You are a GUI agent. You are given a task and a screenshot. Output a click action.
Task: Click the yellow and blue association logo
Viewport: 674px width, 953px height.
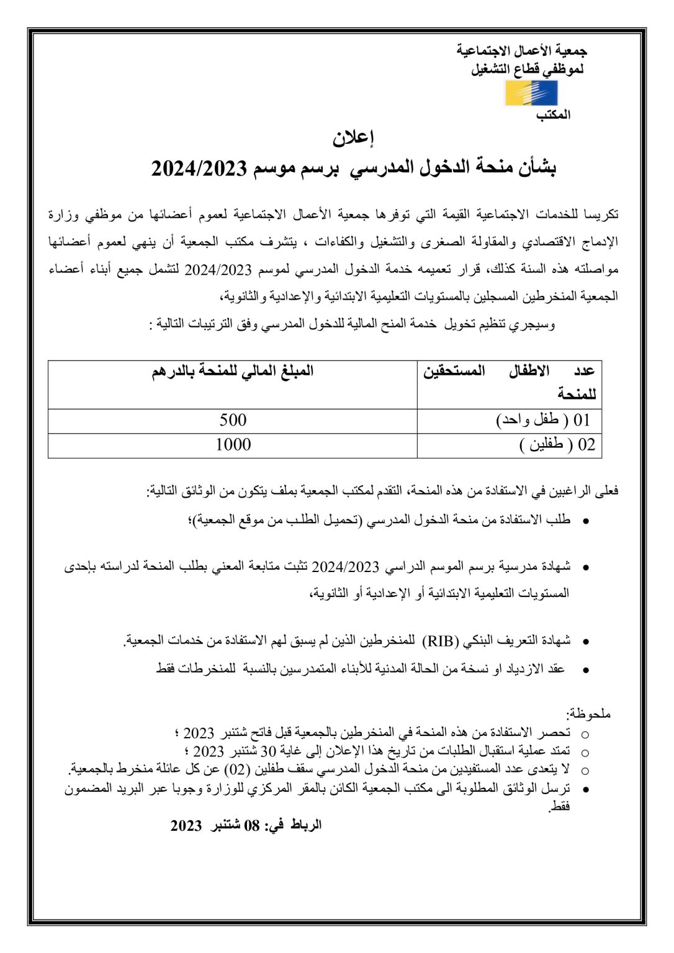[531, 93]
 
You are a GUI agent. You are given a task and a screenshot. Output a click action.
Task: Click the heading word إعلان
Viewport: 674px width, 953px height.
[353, 138]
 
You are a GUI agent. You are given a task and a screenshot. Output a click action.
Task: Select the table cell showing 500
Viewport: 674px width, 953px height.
[233, 420]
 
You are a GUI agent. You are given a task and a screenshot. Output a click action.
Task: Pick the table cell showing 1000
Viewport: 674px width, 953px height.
[233, 445]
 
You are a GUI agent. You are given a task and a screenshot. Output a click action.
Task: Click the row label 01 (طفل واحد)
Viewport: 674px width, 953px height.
[543, 420]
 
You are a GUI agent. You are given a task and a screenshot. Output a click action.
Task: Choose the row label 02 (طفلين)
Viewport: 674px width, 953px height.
[557, 445]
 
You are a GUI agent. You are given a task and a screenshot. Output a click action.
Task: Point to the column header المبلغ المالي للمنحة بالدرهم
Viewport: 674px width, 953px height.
[233, 372]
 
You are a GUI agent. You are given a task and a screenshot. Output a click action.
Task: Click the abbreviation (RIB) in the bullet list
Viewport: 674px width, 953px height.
[440, 641]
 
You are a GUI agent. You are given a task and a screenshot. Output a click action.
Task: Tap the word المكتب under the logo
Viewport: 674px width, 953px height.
[553, 115]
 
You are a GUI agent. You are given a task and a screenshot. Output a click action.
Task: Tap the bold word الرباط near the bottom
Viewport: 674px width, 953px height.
[305, 825]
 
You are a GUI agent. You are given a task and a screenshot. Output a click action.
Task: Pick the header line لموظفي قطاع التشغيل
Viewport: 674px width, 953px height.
[527, 69]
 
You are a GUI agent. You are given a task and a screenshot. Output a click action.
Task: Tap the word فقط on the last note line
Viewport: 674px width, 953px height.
[560, 806]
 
